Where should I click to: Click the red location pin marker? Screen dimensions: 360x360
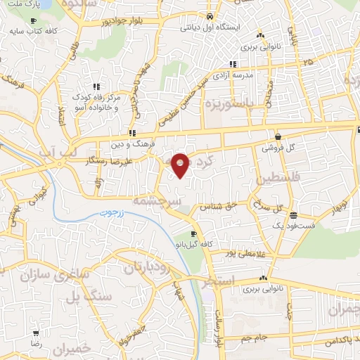181,164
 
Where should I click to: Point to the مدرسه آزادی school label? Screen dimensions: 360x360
247,75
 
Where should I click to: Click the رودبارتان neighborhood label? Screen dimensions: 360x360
148,267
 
